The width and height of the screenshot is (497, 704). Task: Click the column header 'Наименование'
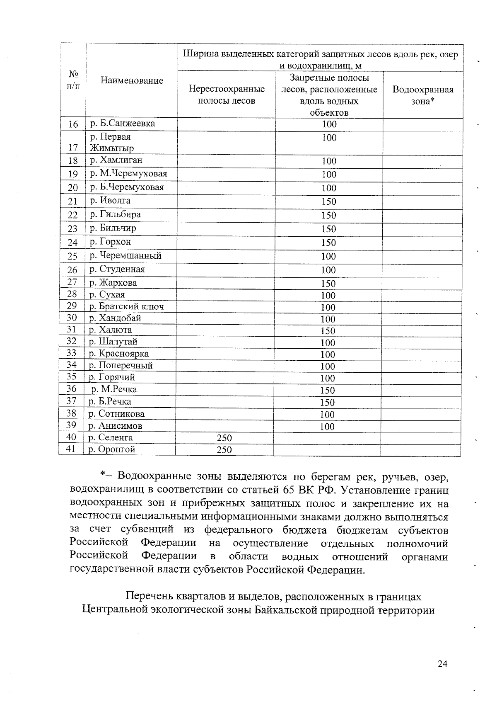132,80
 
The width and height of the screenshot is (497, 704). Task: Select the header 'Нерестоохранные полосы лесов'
226,95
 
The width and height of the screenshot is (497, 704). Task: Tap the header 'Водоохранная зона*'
422,95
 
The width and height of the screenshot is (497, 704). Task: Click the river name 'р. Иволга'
110,201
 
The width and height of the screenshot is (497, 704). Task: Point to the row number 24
73,243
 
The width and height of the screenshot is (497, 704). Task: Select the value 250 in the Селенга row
224,438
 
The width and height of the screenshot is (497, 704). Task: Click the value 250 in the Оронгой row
224,450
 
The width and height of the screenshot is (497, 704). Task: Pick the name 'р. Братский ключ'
126,306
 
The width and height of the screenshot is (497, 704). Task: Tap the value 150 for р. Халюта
328,331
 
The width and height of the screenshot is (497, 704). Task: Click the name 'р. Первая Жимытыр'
112,142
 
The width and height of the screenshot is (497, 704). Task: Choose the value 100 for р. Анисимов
327,427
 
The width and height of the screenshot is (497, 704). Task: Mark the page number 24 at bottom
442,664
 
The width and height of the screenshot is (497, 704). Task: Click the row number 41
71,449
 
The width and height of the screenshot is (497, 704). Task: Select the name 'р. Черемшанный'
125,255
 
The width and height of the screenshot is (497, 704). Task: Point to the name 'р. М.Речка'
114,389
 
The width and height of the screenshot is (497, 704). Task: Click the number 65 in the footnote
289,490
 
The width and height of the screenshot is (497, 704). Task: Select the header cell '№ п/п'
73,80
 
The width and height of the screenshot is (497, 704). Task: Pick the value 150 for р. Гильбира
328,215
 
